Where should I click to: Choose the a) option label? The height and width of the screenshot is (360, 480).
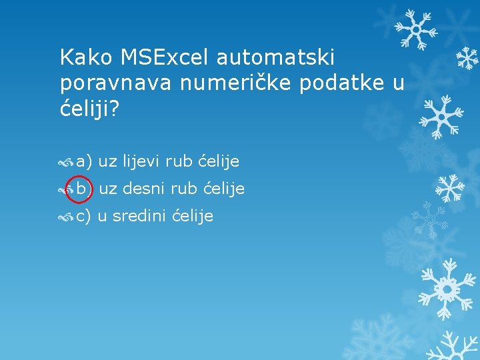coord(84,161)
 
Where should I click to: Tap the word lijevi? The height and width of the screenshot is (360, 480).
coord(139,161)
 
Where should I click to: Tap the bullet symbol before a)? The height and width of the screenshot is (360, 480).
coord(66,162)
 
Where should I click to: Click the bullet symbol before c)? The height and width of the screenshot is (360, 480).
coord(66,217)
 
